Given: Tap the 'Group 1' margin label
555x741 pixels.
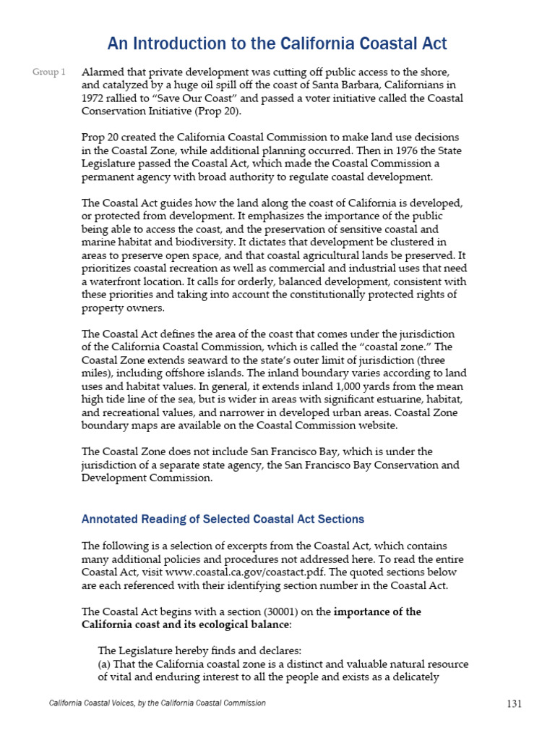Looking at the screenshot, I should tap(49, 72).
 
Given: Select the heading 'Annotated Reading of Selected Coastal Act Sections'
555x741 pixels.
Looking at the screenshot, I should tap(223, 520).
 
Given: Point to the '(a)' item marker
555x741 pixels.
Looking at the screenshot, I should tap(106, 664).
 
